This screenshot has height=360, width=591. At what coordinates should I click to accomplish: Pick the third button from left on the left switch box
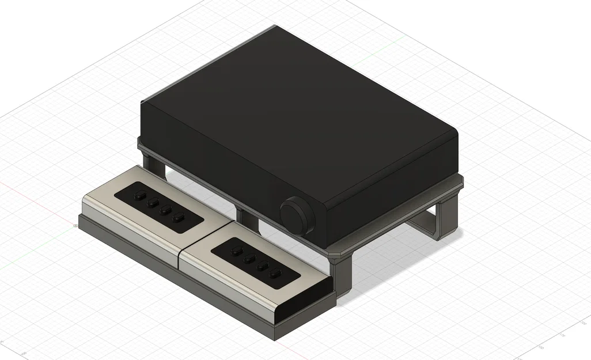click(166, 210)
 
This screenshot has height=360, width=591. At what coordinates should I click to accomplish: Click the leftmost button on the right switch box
click(236, 251)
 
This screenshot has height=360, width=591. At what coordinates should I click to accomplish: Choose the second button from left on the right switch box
click(249, 259)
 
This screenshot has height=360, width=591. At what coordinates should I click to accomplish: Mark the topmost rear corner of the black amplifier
click(275, 26)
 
